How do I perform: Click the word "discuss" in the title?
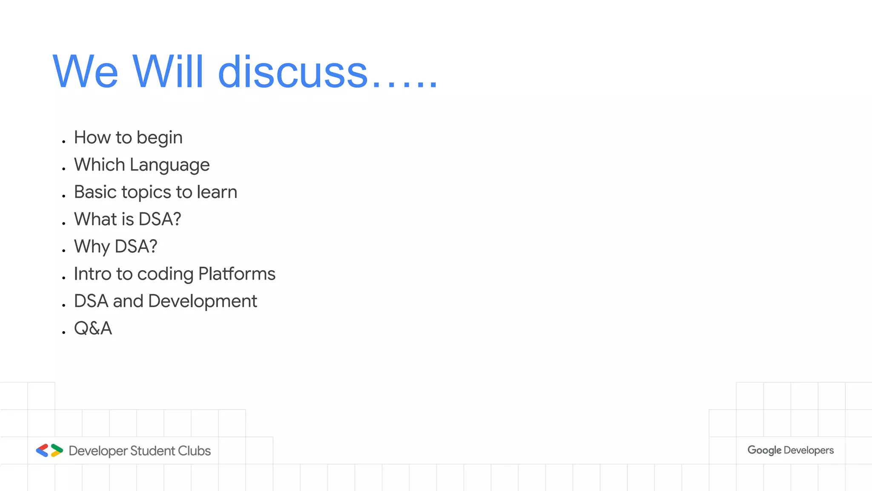[x=293, y=72]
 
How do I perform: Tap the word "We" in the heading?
[x=85, y=72]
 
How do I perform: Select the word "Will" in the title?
[x=168, y=72]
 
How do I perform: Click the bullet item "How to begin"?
[x=128, y=138]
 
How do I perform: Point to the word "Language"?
[x=169, y=165]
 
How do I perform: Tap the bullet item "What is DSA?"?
[x=127, y=220]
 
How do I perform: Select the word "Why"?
[x=92, y=247]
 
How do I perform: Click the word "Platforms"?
[x=237, y=274]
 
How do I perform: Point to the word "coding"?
[x=165, y=274]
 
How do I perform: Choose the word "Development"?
[x=202, y=301]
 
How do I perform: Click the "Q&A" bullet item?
[x=93, y=329]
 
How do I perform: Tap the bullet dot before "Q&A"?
[x=63, y=332]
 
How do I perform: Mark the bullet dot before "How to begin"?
[x=63, y=142]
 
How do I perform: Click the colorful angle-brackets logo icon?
[x=49, y=451]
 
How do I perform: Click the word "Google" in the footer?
[x=764, y=451]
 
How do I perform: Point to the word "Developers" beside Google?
[x=809, y=451]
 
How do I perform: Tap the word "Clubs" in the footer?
[x=194, y=451]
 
